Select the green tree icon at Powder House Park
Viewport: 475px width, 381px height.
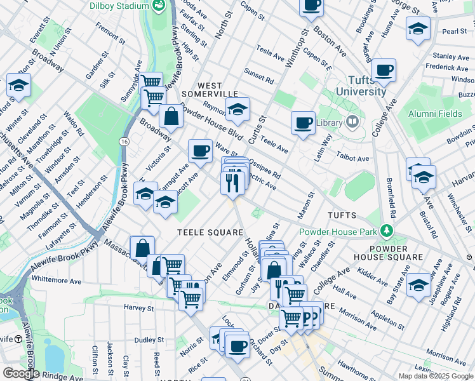tap(385, 229)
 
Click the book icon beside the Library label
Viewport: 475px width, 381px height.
tap(352, 122)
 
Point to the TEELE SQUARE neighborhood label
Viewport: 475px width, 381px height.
tap(210, 232)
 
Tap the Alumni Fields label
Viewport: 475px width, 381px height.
tap(435, 114)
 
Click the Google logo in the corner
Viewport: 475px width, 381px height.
tap(20, 373)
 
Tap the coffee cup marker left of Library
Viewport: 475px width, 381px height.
tap(304, 121)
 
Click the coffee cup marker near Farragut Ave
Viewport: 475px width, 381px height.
tap(200, 150)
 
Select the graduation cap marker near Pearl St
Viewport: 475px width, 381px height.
tap(417, 29)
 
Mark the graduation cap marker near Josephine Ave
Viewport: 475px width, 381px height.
tap(418, 283)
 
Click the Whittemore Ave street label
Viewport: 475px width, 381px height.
tap(57, 279)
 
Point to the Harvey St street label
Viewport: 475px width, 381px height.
tap(139, 307)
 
